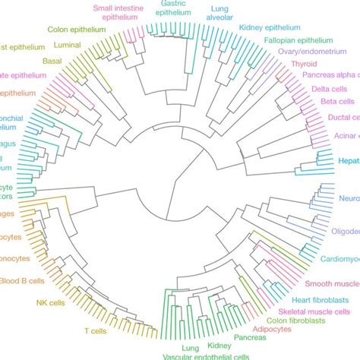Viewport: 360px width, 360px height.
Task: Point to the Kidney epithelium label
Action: (270, 27)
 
